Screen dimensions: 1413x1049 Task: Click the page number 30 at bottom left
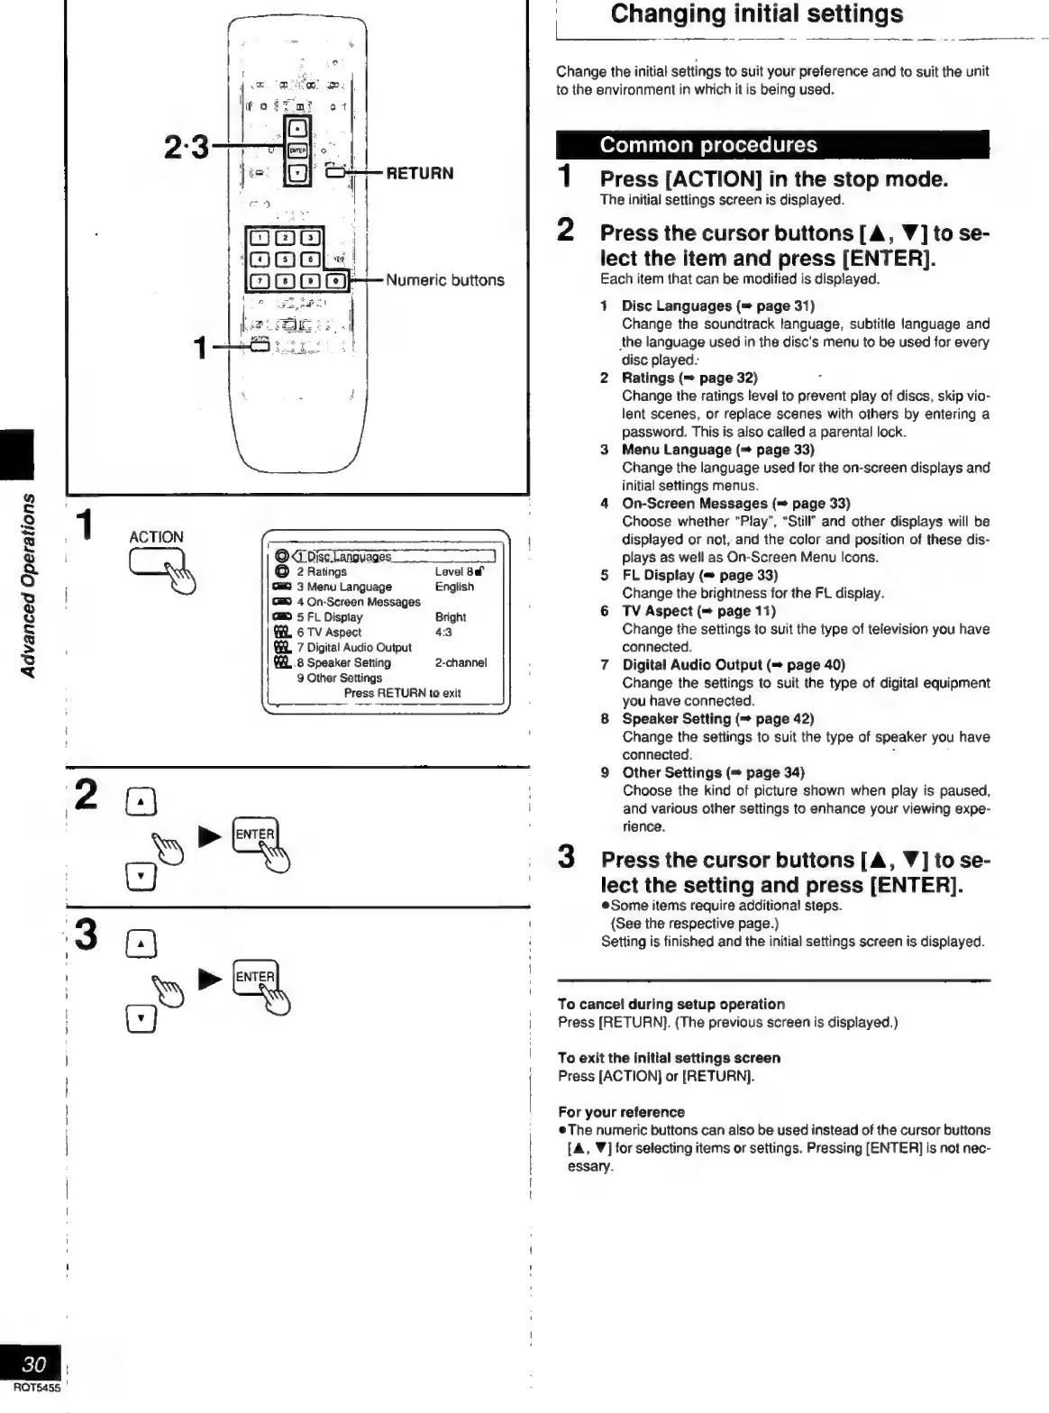[33, 1363]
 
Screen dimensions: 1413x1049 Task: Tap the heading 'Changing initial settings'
[756, 14]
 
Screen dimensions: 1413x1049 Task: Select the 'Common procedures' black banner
[772, 145]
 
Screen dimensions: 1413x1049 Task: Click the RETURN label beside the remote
[419, 173]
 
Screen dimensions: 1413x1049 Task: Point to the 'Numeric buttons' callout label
[445, 280]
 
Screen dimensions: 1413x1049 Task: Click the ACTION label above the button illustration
[156, 537]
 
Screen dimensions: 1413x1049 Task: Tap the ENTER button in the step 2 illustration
[254, 834]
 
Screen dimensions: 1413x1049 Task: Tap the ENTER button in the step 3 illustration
[254, 977]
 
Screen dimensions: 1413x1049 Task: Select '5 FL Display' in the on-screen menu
[329, 617]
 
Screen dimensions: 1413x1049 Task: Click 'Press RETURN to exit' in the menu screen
[402, 693]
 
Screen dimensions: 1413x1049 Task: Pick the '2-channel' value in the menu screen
[461, 662]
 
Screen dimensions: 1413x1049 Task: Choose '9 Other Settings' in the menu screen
[339, 678]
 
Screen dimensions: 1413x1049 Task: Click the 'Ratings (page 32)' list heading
[689, 378]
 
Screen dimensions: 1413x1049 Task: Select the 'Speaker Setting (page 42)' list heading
[717, 719]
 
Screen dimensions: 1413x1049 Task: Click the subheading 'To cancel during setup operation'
[670, 1004]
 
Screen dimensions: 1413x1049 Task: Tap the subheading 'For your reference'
[621, 1112]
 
